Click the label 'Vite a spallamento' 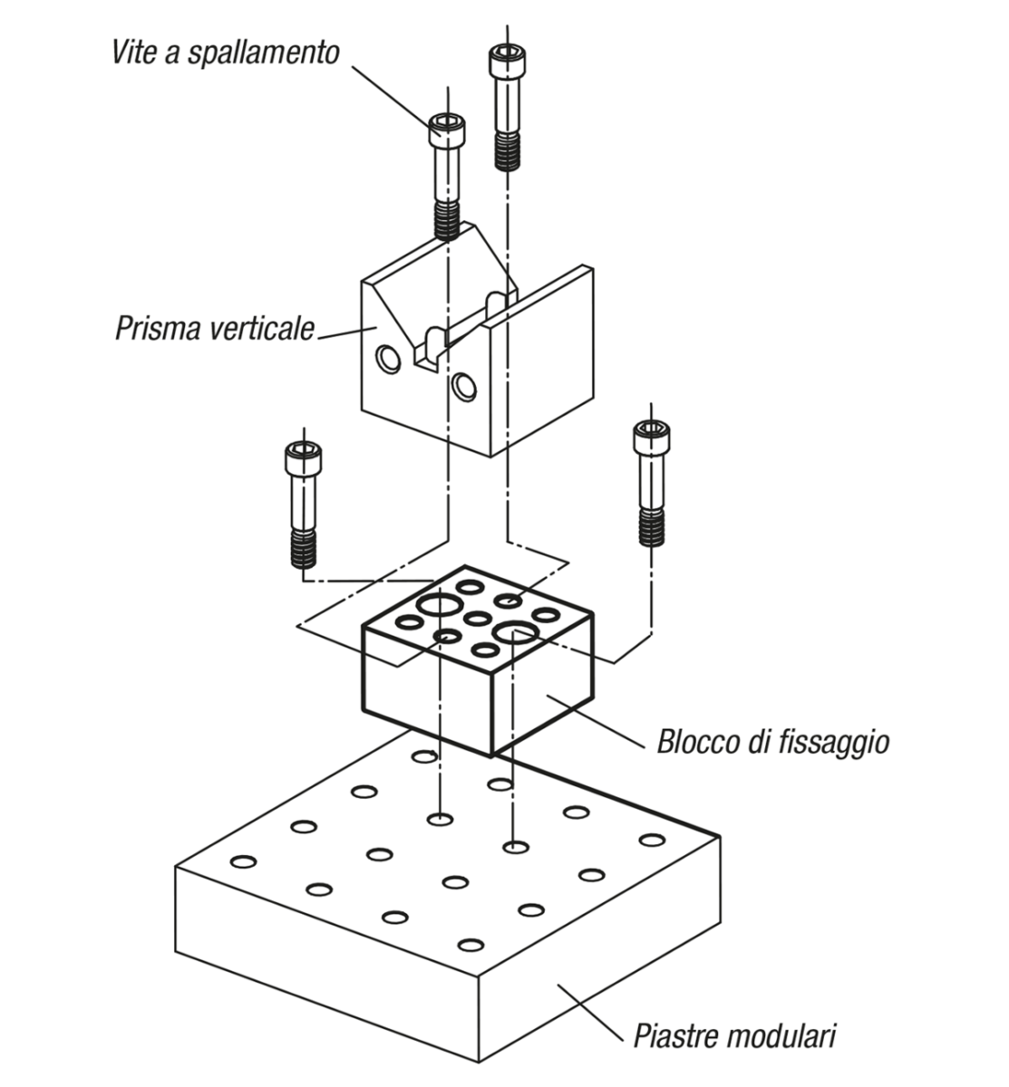click(x=226, y=52)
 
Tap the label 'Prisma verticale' click(x=214, y=327)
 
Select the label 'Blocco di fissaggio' click(x=772, y=743)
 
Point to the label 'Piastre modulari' click(x=733, y=1034)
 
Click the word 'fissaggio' click(x=833, y=743)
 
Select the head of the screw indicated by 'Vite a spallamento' click(x=446, y=130)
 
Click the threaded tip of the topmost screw click(x=509, y=151)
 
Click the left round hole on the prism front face click(x=389, y=361)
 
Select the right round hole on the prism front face click(x=464, y=387)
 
